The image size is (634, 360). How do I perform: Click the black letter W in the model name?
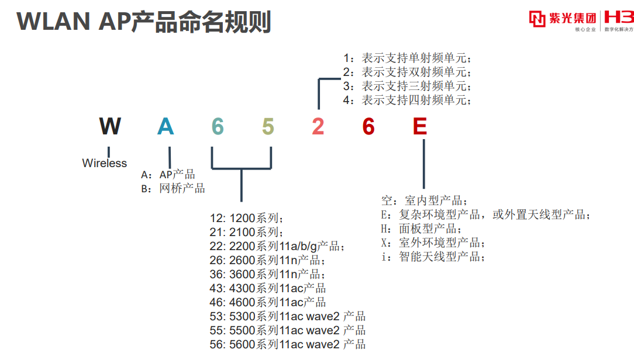(110, 126)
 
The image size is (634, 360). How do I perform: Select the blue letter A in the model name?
(166, 126)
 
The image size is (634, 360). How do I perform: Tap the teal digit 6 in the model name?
(218, 126)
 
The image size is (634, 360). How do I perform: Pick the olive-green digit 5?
(268, 126)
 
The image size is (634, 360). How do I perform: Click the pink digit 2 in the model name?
(318, 126)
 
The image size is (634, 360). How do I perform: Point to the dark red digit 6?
(368, 126)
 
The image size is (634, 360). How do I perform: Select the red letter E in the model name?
(419, 126)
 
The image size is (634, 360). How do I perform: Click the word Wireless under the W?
(105, 163)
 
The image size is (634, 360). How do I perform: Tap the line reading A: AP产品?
(168, 175)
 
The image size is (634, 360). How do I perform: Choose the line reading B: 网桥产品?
(173, 188)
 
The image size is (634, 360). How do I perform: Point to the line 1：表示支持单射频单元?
(407, 58)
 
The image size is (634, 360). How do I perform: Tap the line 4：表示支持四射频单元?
(407, 100)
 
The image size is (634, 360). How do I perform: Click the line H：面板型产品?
(421, 229)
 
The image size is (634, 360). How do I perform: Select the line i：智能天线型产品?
(433, 257)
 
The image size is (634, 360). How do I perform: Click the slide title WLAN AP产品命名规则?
(144, 22)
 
